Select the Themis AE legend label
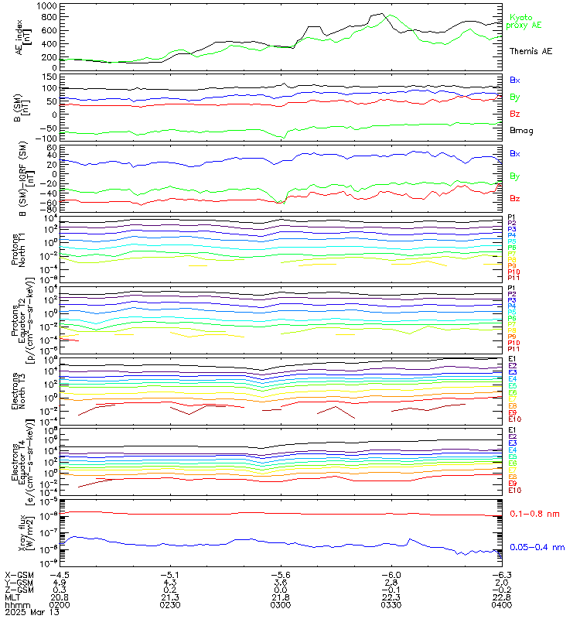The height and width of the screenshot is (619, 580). coord(531,51)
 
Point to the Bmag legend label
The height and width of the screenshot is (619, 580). coord(520,131)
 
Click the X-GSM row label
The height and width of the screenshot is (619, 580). coord(19,575)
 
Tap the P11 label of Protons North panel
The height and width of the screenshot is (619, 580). coord(512,278)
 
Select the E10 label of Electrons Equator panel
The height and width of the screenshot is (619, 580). coord(514,491)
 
